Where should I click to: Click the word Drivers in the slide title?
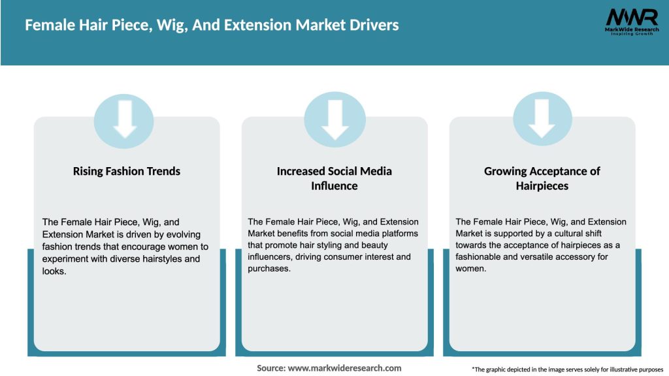[x=372, y=25]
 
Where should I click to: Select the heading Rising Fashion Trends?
[x=127, y=171]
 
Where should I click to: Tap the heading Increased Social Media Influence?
[x=334, y=178]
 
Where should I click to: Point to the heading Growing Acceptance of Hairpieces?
[x=542, y=178]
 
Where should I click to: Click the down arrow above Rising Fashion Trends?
[x=124, y=120]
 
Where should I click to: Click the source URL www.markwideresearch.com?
[x=345, y=368]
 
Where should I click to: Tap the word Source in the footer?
[x=271, y=368]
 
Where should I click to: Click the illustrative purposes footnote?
[x=567, y=369]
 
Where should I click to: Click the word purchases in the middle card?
[x=269, y=268]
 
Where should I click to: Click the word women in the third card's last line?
[x=470, y=268]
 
